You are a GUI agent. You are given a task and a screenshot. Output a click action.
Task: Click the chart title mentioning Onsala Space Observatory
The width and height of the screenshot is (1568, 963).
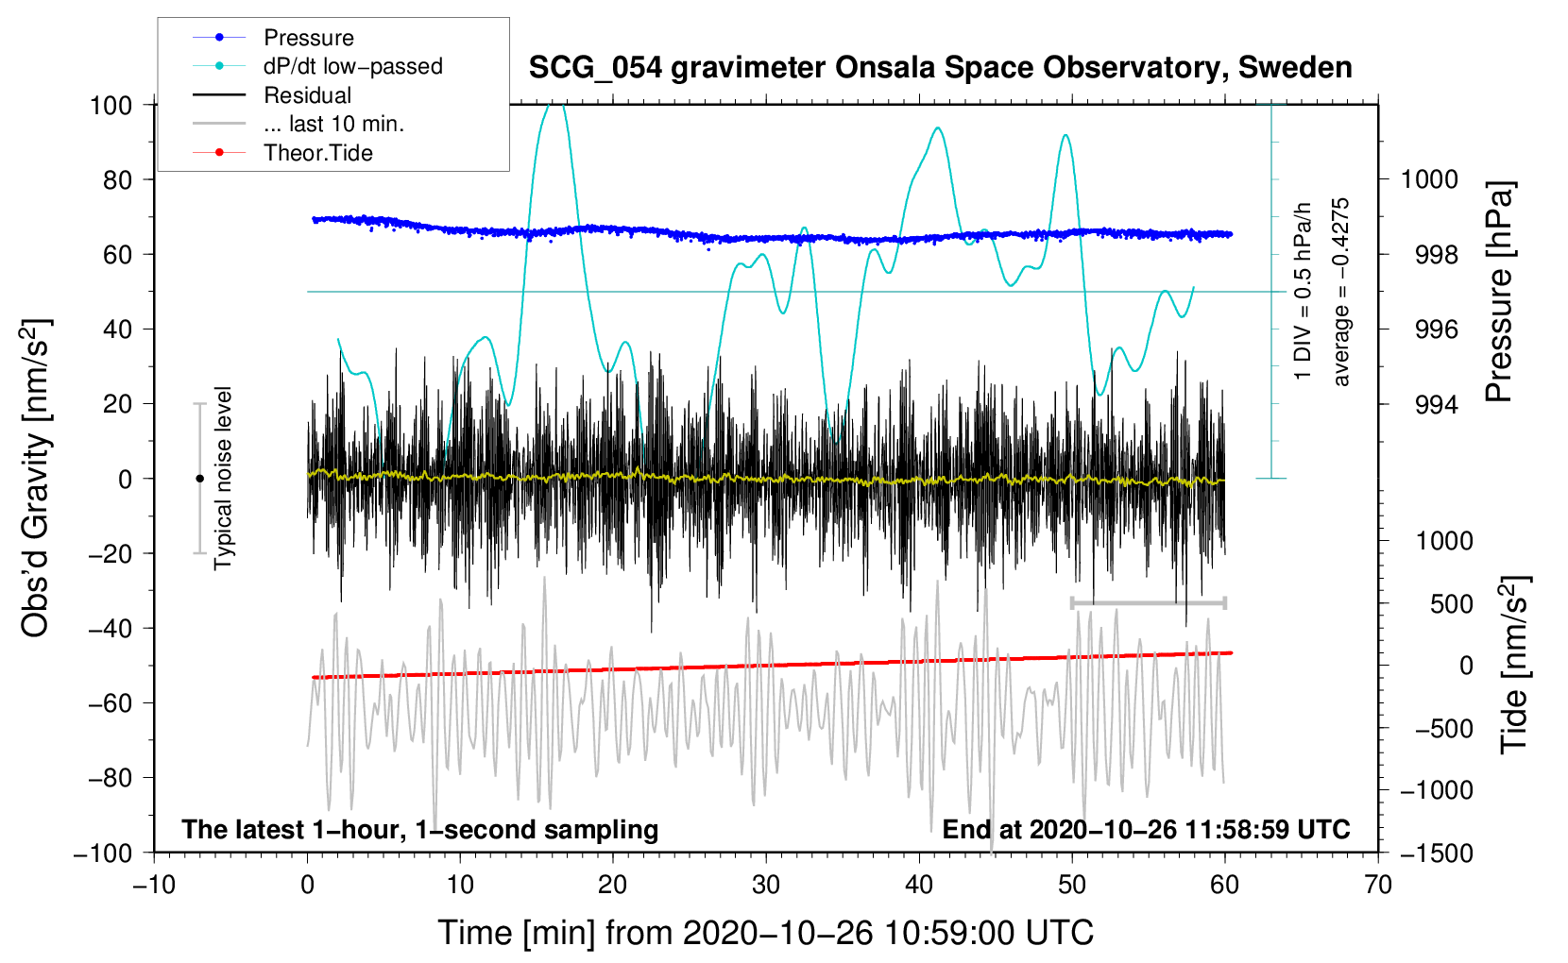(940, 68)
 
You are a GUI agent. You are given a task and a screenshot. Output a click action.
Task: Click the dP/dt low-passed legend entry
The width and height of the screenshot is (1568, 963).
(352, 66)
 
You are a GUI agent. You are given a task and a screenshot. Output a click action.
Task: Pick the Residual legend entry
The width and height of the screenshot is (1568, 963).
(307, 95)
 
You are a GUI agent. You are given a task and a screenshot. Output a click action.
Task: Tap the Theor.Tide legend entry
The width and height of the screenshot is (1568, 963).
(317, 153)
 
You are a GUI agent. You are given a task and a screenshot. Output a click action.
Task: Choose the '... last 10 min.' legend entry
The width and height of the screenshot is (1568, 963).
(333, 124)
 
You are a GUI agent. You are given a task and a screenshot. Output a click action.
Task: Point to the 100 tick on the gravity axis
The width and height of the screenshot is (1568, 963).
(111, 105)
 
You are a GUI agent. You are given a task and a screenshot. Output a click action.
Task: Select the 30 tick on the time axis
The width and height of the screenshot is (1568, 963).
(766, 885)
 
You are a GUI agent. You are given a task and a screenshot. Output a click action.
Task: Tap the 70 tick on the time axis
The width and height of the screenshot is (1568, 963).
(1378, 885)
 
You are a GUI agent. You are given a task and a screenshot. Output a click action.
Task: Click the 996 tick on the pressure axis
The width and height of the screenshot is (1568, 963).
(1429, 329)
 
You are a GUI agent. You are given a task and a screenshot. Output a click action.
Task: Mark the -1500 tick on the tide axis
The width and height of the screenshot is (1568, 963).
(1437, 853)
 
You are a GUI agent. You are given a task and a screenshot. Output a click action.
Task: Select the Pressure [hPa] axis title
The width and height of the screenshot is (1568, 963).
(1499, 293)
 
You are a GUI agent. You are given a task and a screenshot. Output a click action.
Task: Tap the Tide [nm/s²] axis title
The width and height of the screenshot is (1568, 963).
(1514, 665)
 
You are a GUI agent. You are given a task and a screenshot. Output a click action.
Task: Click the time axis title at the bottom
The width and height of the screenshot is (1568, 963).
(765, 933)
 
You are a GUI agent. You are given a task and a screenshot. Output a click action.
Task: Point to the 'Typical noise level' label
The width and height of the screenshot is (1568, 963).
(223, 478)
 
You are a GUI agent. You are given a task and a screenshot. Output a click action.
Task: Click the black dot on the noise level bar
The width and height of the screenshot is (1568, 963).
(199, 479)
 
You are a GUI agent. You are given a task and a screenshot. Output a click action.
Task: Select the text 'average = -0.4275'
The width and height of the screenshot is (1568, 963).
(1341, 292)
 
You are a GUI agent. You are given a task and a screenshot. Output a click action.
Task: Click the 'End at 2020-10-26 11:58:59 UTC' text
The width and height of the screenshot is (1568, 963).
(1146, 829)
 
